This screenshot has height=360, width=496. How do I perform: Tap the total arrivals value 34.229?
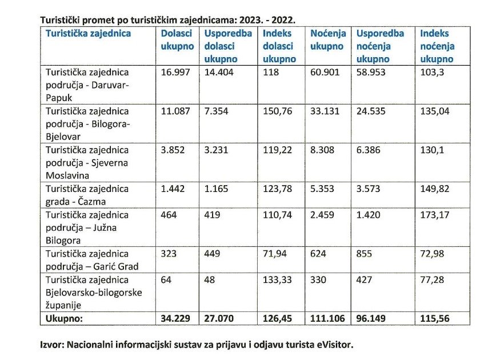click(175, 318)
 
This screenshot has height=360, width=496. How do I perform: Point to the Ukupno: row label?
click(65, 318)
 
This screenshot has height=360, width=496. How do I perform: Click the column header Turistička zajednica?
click(89, 33)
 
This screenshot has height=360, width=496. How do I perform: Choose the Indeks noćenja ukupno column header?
click(438, 46)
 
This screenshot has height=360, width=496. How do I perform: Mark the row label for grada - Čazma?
click(88, 195)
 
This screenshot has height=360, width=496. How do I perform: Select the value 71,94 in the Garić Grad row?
click(274, 253)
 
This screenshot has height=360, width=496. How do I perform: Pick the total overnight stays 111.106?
click(327, 318)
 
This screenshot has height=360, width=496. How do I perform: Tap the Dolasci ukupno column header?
click(177, 39)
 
